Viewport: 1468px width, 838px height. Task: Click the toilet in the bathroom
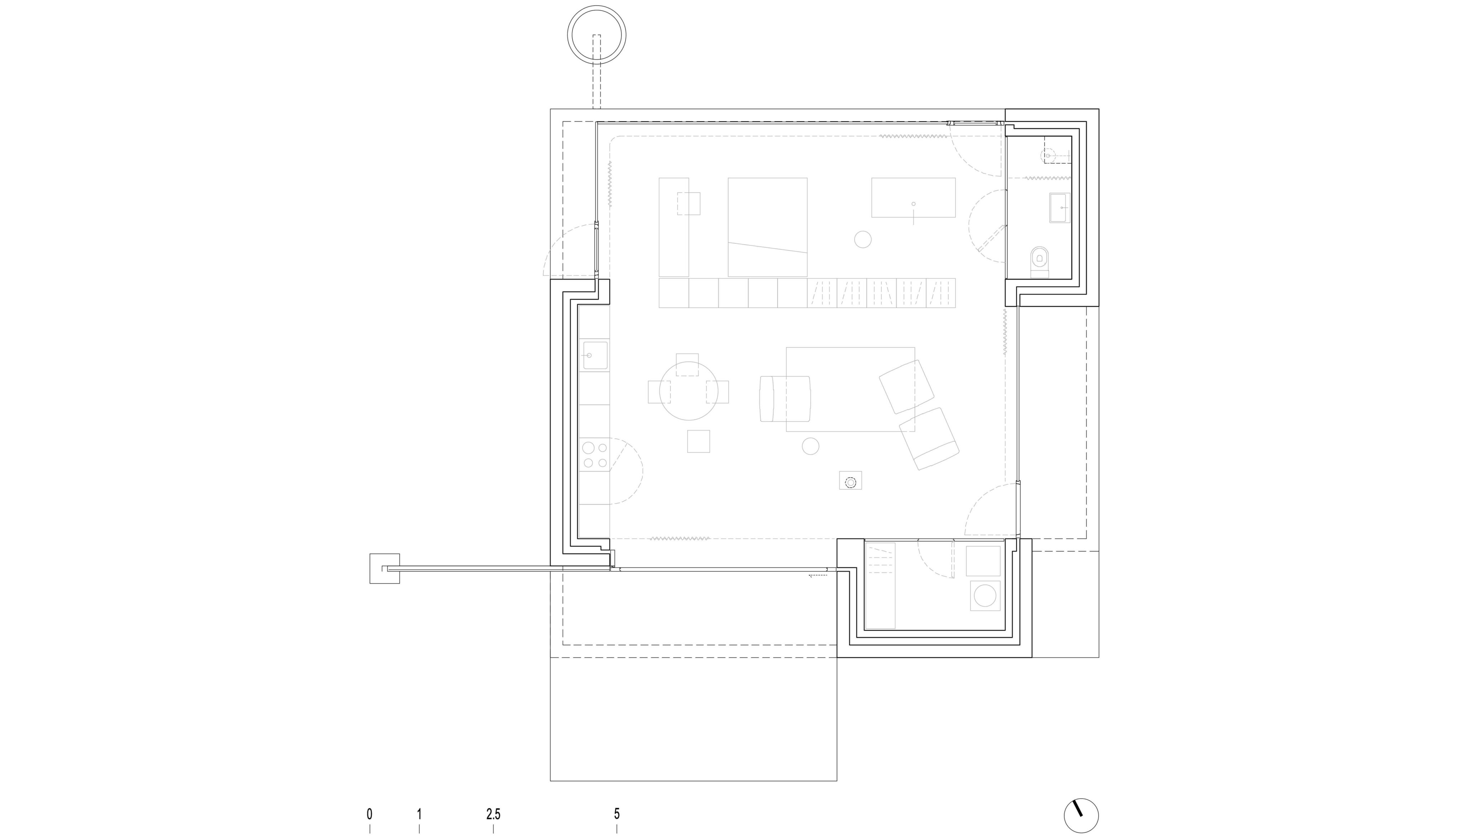tap(1039, 262)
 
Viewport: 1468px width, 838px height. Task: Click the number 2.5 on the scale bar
tap(493, 814)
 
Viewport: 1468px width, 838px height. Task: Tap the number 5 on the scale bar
tap(617, 814)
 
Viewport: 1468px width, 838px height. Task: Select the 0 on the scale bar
tap(370, 814)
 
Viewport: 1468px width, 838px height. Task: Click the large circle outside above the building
tap(597, 34)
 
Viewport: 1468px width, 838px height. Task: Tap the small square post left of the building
tap(385, 568)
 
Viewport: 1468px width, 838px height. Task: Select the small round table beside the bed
tap(863, 239)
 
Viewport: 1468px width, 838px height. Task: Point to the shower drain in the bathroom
tap(1048, 156)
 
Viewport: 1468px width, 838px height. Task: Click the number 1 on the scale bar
tap(419, 814)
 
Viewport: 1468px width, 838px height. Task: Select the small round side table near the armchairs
tap(810, 446)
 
